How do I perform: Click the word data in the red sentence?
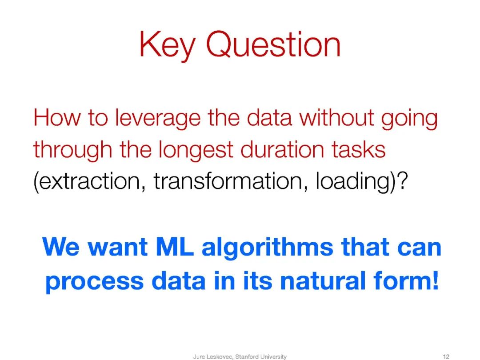(x=269, y=117)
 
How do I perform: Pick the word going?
(x=409, y=119)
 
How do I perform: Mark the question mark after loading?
(x=403, y=180)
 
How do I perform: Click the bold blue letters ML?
(x=175, y=247)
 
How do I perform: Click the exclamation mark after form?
(x=435, y=280)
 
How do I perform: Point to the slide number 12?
(x=446, y=356)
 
